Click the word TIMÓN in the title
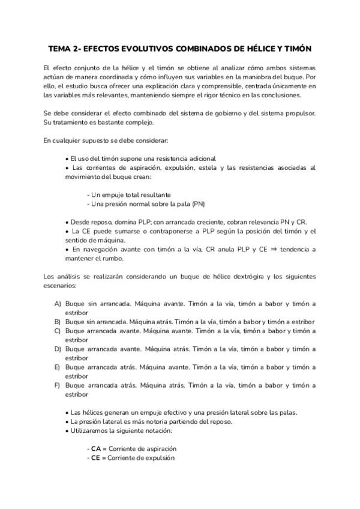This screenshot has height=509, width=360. (297, 48)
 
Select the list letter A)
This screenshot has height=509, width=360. (58, 304)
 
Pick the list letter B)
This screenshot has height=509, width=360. (58, 321)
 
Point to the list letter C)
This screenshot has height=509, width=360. (58, 330)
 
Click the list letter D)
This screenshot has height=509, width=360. (58, 348)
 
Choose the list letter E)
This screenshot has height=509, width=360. (58, 366)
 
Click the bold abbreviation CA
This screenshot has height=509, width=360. (96, 448)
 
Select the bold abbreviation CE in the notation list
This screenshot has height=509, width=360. (96, 457)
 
